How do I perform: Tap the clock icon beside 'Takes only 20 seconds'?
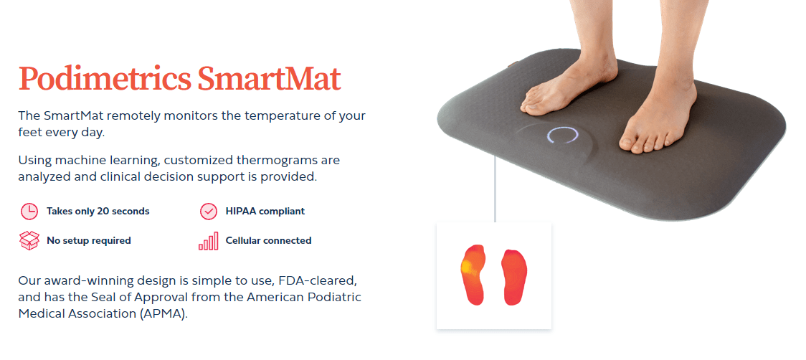(x=29, y=212)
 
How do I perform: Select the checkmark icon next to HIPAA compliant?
(x=208, y=212)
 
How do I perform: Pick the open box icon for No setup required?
(x=29, y=241)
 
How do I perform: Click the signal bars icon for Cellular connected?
(x=208, y=242)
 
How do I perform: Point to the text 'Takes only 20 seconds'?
(x=98, y=212)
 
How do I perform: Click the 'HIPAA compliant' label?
(x=265, y=212)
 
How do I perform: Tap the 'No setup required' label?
(x=88, y=241)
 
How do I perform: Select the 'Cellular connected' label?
(x=268, y=241)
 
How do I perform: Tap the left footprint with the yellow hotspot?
(x=472, y=274)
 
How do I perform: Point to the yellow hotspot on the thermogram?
(x=467, y=268)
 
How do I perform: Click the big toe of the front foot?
(x=629, y=144)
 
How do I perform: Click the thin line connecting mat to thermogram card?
(x=495, y=190)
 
